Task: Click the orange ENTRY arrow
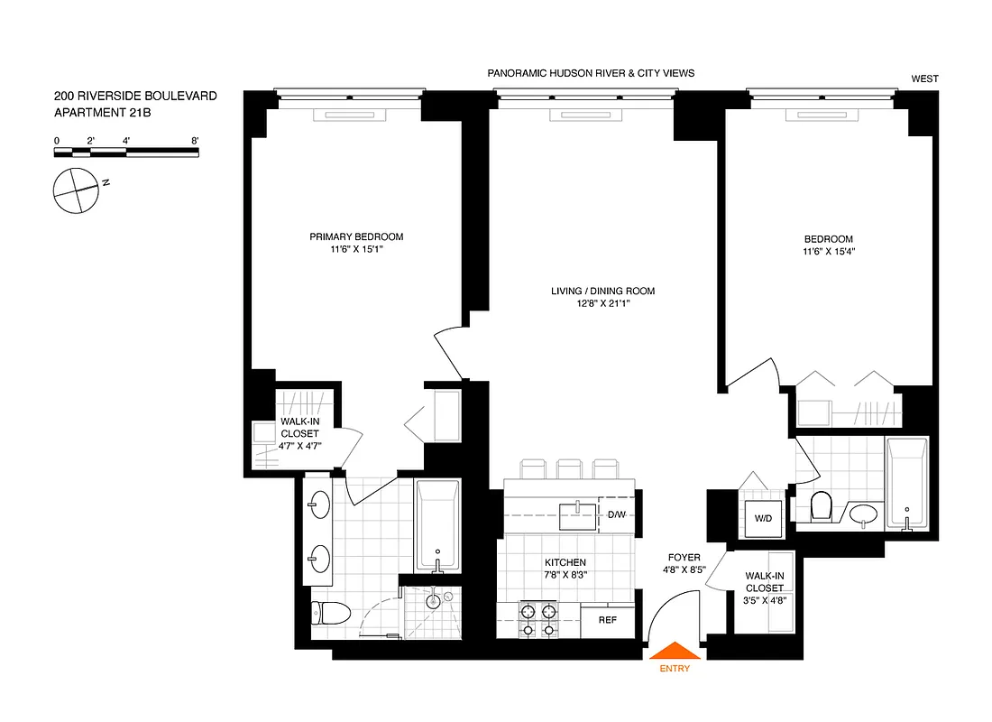(x=675, y=652)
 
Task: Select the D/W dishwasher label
(x=616, y=515)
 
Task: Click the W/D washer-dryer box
(x=764, y=517)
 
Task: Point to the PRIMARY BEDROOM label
(x=356, y=237)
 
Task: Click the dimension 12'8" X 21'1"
(x=602, y=304)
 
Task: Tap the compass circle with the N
(x=75, y=190)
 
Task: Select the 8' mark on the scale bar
(x=195, y=141)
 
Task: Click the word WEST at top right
(x=924, y=79)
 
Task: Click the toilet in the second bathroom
(x=822, y=507)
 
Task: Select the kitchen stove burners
(x=537, y=621)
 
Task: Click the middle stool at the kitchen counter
(x=568, y=468)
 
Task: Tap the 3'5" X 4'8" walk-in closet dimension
(x=764, y=600)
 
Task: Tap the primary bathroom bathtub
(x=436, y=523)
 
